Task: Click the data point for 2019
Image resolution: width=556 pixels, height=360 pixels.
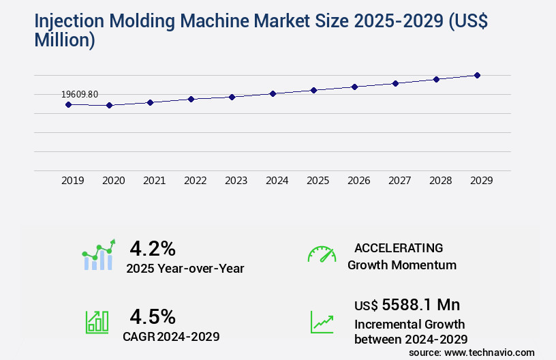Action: [68, 104]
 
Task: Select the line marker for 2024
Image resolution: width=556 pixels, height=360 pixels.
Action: [273, 93]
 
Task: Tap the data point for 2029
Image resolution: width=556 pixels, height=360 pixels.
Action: [477, 75]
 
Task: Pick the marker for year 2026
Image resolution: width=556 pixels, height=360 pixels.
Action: [354, 87]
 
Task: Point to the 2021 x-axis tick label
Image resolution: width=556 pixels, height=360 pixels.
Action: [154, 181]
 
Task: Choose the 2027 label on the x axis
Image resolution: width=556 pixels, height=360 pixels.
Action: [399, 181]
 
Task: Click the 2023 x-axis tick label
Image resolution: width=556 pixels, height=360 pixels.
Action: [236, 181]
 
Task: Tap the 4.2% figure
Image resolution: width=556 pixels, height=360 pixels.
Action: [153, 247]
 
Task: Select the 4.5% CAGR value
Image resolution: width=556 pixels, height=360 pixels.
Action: [153, 316]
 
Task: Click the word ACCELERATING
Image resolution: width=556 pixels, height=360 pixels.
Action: [399, 247]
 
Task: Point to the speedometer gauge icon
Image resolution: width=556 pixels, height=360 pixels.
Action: [322, 254]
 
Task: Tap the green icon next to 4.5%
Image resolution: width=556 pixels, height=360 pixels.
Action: [96, 322]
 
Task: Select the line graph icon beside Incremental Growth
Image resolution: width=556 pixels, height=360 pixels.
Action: [322, 322]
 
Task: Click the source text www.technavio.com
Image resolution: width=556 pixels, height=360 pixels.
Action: [489, 352]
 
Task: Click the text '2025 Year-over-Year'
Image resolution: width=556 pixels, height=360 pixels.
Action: [185, 268]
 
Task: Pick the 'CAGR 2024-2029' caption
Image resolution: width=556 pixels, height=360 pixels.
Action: [171, 336]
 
